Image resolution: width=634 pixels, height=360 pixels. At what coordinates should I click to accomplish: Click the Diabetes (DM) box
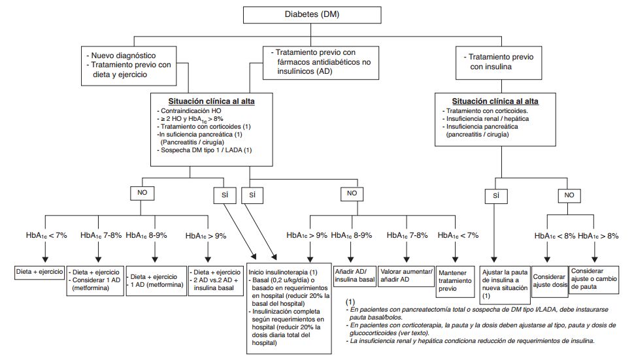[312, 15]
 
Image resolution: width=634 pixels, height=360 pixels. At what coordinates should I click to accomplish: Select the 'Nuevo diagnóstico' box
[129, 66]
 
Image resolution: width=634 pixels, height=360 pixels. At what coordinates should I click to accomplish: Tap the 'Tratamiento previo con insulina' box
[499, 63]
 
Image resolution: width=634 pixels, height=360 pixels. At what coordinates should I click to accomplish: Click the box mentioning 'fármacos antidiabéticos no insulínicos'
[321, 63]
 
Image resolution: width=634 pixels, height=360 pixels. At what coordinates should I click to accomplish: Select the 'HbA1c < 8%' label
[555, 236]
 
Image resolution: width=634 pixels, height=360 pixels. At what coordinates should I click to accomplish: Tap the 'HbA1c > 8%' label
[598, 236]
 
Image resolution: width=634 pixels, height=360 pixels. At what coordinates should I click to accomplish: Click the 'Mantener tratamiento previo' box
[455, 281]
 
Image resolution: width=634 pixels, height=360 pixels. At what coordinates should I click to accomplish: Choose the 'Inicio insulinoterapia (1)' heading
[282, 272]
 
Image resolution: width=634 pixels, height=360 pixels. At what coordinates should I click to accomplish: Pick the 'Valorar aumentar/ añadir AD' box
[407, 276]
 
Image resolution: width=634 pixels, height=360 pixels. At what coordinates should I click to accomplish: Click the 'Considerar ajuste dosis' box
[549, 281]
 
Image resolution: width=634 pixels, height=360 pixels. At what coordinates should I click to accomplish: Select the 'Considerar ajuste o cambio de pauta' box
[594, 279]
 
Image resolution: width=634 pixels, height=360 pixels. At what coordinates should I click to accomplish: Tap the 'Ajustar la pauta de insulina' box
[505, 284]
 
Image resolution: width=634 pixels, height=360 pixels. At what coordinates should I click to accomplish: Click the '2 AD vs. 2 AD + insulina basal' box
[216, 280]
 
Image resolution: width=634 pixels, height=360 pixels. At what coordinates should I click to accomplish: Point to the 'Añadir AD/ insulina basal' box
[355, 276]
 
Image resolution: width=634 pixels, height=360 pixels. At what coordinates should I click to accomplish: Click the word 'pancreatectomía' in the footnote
[412, 310]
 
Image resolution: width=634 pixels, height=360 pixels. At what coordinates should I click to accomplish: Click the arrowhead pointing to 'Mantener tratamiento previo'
[456, 259]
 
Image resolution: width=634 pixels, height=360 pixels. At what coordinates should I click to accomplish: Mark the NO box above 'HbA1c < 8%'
[569, 195]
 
